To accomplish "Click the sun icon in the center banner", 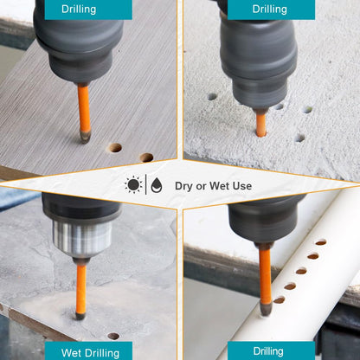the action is (x=133, y=184).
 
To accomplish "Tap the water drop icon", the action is (x=157, y=185).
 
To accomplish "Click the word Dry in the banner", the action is (x=183, y=186).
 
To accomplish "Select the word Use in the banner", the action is (x=242, y=186).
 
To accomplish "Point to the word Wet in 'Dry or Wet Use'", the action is (x=219, y=186).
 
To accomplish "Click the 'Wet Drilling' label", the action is (x=90, y=353).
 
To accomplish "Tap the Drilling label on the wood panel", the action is (x=79, y=9).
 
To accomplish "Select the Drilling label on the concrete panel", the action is (x=270, y=9).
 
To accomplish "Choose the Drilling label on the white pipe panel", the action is (x=268, y=351).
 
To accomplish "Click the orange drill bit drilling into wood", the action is (x=84, y=109).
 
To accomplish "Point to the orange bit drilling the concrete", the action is (x=260, y=125).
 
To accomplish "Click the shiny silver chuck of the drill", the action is (x=82, y=237).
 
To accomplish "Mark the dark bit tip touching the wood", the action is (x=85, y=137).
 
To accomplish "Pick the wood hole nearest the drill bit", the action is (x=114, y=148).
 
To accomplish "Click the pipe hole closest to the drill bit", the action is (x=279, y=300).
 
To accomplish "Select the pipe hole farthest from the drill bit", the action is (x=321, y=242).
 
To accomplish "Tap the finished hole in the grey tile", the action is (x=113, y=336).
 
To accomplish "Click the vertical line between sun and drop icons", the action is (x=146, y=184).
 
